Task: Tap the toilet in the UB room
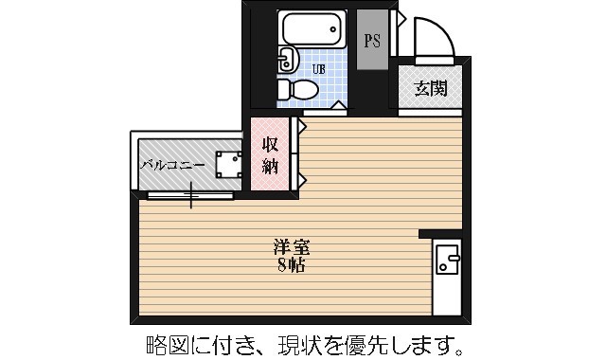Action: click(298, 90)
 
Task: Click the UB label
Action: click(319, 67)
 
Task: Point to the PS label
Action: click(373, 41)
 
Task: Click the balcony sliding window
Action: click(190, 196)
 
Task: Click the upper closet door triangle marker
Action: click(302, 124)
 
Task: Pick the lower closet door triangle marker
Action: click(302, 178)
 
